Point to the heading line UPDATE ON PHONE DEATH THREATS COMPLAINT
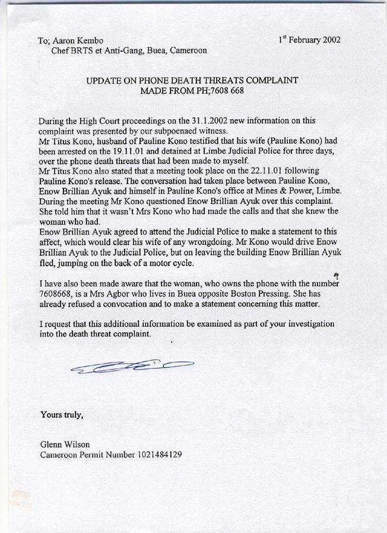point(192,80)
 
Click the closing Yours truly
point(61,414)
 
